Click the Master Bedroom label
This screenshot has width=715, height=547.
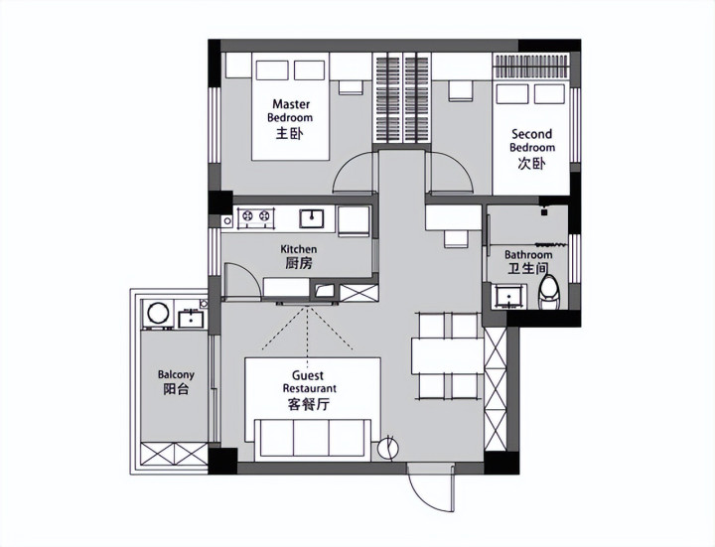click(x=290, y=118)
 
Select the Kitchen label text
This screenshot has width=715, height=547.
click(x=299, y=256)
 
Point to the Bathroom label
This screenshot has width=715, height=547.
click(x=528, y=262)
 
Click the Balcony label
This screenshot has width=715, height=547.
click(x=176, y=382)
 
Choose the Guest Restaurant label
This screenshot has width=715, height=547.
click(x=309, y=390)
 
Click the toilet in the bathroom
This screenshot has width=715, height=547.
click(x=548, y=292)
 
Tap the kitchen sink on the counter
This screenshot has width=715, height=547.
click(x=312, y=218)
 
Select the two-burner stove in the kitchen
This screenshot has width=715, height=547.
click(x=255, y=216)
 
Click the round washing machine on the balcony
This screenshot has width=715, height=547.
click(x=158, y=314)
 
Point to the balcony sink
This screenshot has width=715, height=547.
click(x=191, y=318)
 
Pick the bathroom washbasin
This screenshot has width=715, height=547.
click(x=508, y=296)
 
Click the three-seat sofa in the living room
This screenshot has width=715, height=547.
click(x=313, y=438)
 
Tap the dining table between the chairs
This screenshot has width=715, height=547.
click(x=447, y=355)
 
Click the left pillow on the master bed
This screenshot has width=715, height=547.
click(x=272, y=70)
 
